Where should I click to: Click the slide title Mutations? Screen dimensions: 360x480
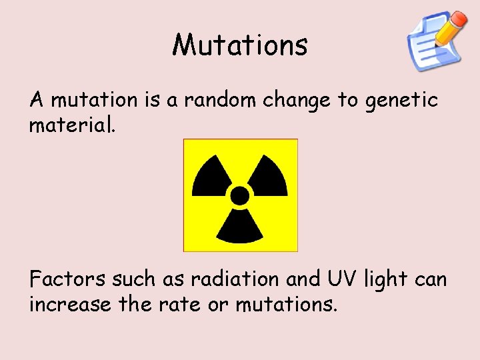[x=240, y=45]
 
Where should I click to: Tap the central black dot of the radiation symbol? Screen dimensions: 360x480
[x=239, y=195]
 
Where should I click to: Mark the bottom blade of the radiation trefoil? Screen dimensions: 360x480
[x=239, y=225]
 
